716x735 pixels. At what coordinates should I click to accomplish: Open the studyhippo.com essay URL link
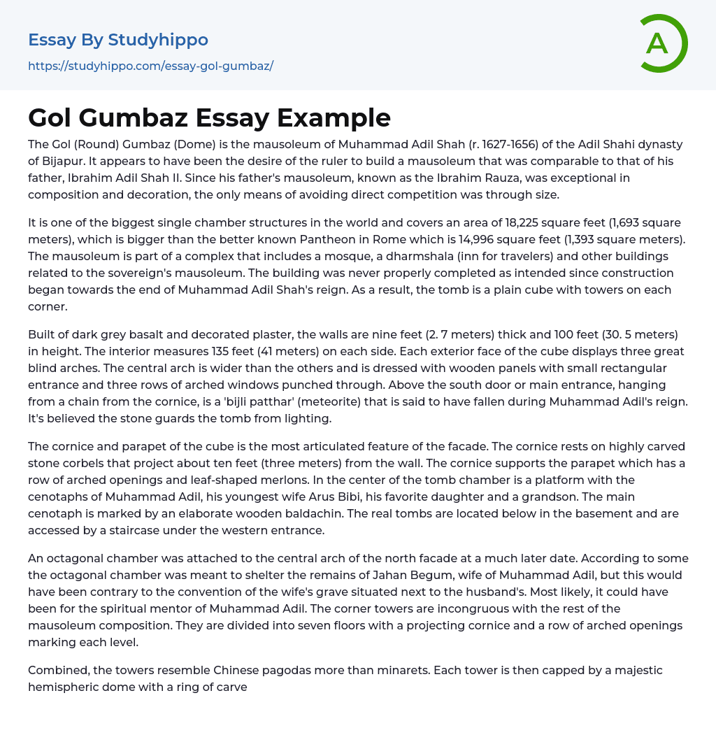(150, 66)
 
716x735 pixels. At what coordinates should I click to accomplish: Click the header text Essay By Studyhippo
(118, 40)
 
